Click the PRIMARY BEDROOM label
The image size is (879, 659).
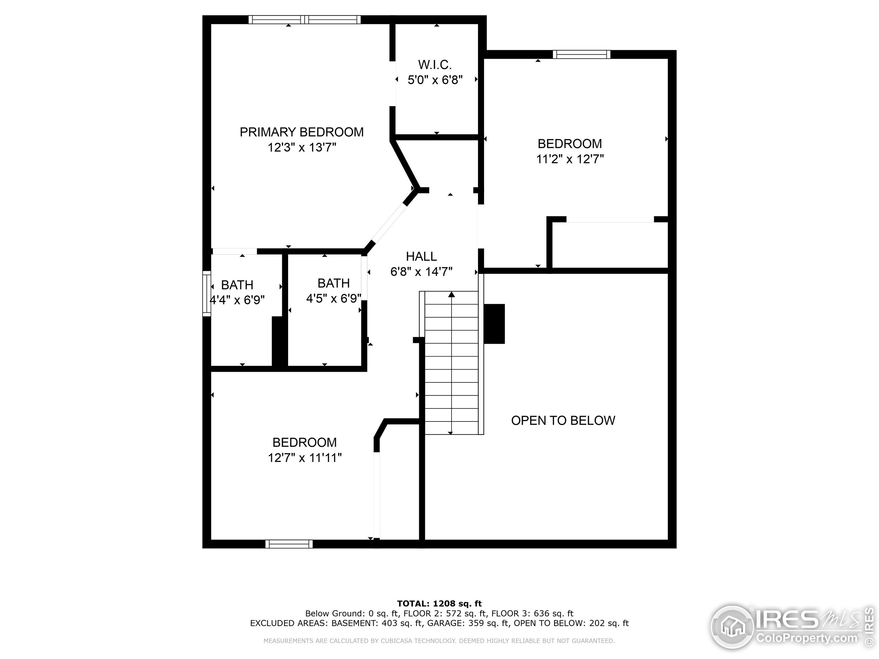[301, 132]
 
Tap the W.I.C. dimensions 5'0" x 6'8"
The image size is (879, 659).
[435, 80]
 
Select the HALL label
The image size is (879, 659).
[421, 256]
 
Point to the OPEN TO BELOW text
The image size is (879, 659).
[563, 420]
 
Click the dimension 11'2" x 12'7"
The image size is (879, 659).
[570, 159]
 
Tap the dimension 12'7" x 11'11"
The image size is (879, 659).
[305, 458]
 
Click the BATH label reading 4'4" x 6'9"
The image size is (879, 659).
[237, 285]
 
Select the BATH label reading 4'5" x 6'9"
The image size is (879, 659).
[333, 283]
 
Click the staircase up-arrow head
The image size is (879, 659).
[452, 295]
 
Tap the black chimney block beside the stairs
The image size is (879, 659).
[494, 324]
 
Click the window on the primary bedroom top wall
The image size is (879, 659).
[305, 20]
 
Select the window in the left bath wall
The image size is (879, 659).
[207, 293]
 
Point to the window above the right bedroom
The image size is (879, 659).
[581, 55]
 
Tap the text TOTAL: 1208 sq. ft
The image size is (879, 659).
[439, 604]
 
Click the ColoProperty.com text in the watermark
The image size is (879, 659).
[806, 638]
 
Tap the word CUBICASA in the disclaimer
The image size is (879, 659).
[398, 641]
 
